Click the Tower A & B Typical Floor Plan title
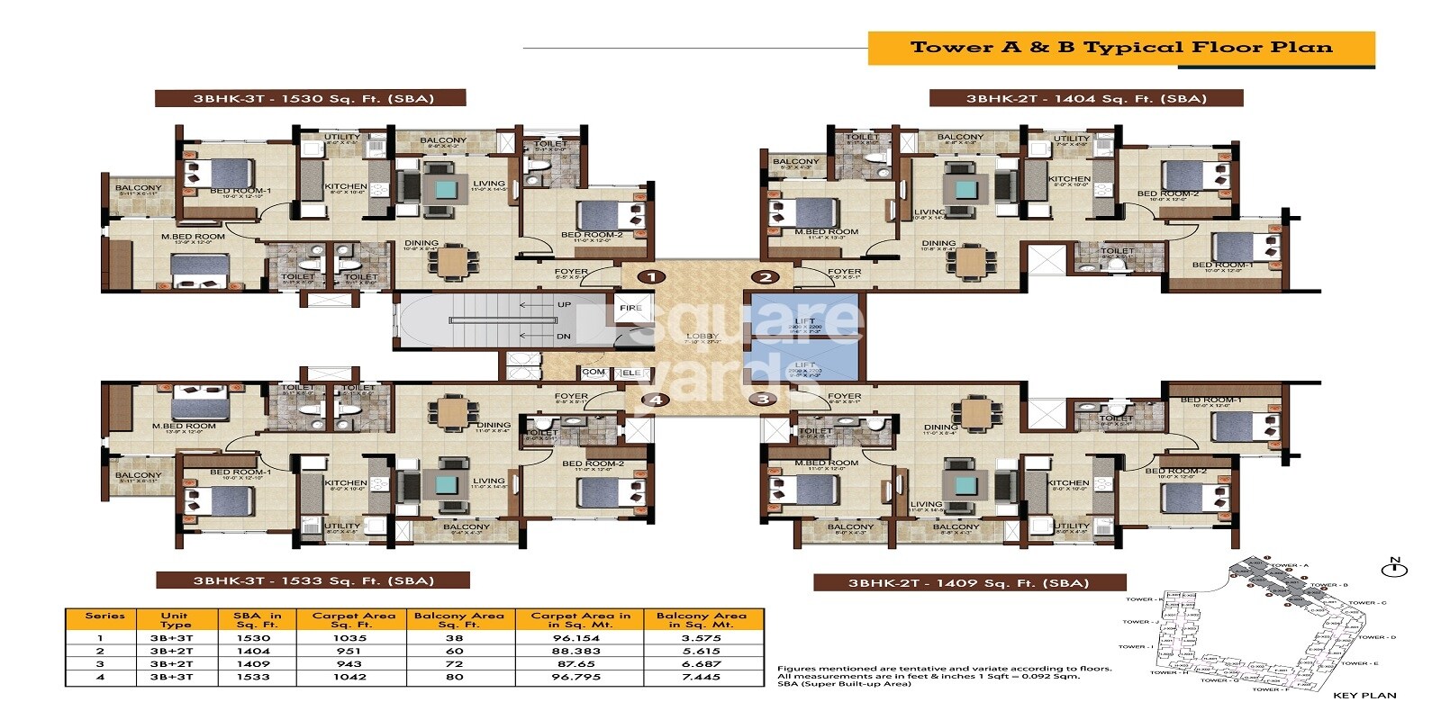tap(1120, 48)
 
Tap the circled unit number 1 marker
tap(651, 277)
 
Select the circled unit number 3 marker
tap(764, 399)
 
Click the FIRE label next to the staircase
tap(630, 308)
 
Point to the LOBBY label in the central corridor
tap(702, 337)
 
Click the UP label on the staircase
tap(564, 304)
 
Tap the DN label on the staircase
tap(564, 337)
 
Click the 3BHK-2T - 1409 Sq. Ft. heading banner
tap(968, 582)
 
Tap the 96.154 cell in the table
tap(575, 637)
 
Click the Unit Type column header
tap(176, 619)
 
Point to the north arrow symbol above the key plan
tap(1393, 568)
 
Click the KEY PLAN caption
tap(1364, 695)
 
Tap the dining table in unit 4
tap(448, 412)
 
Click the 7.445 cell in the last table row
tap(700, 676)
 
